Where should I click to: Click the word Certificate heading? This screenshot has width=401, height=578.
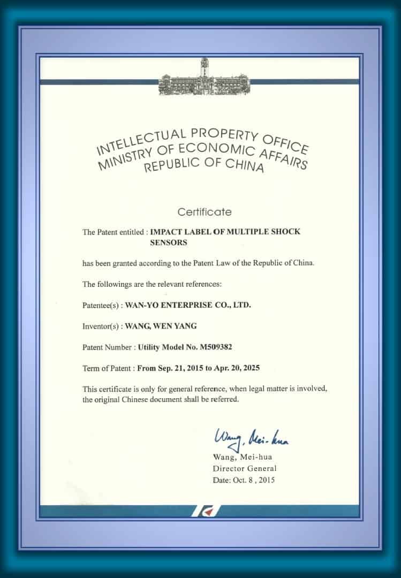click(205, 212)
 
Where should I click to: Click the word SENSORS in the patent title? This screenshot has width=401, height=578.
click(169, 242)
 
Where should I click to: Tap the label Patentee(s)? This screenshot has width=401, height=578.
click(102, 305)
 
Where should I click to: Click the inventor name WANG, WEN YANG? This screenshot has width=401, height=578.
click(161, 326)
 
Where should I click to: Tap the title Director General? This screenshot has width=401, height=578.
click(245, 468)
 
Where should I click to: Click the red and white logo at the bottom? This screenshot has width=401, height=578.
click(205, 511)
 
